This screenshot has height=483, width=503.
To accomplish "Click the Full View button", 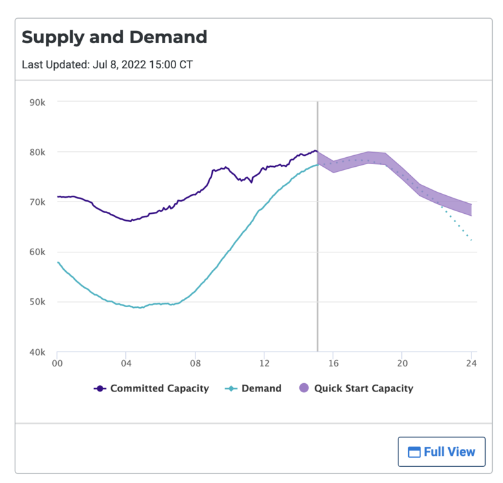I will [441, 451].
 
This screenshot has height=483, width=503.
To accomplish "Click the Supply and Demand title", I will [115, 37].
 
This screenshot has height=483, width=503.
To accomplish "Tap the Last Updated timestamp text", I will [107, 64].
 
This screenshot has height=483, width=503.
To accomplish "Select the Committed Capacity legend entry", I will [152, 388].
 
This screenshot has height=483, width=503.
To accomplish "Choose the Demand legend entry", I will [253, 388].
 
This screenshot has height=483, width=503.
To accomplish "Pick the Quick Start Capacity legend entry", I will [357, 388].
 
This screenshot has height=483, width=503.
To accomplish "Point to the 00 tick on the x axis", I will [57, 365].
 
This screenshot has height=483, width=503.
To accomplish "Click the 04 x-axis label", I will [126, 365].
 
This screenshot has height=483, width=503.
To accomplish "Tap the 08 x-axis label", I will [195, 365].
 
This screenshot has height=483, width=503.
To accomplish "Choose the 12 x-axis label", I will [264, 365].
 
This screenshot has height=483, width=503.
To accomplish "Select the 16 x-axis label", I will [333, 365].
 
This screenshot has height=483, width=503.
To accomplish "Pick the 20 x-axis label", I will [402, 365].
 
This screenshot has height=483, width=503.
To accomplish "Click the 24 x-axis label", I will [471, 365].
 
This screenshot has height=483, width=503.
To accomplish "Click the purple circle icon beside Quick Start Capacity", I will [304, 388].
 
